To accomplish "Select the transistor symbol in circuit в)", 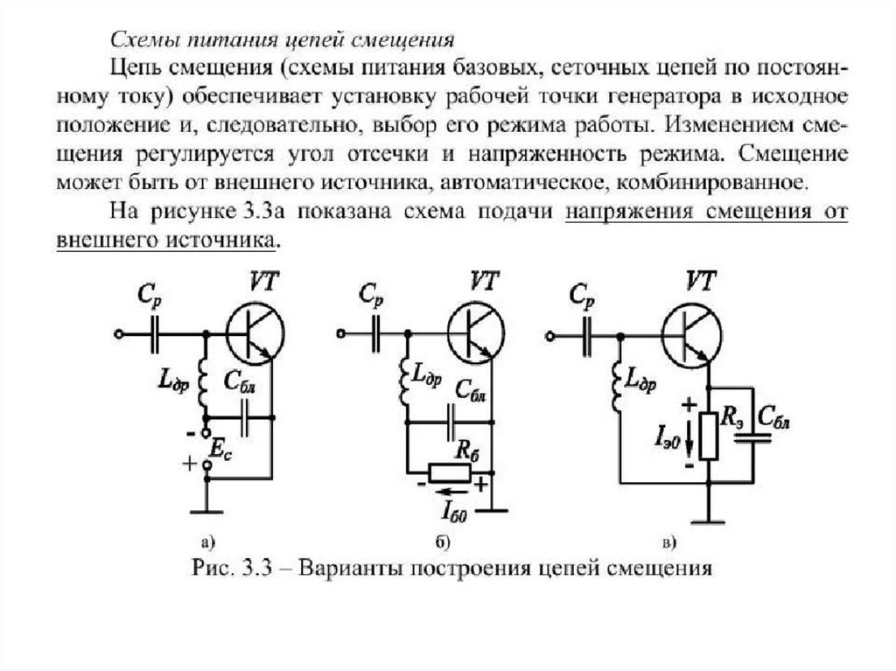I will [693, 334].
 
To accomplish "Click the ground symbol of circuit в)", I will [708, 518].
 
